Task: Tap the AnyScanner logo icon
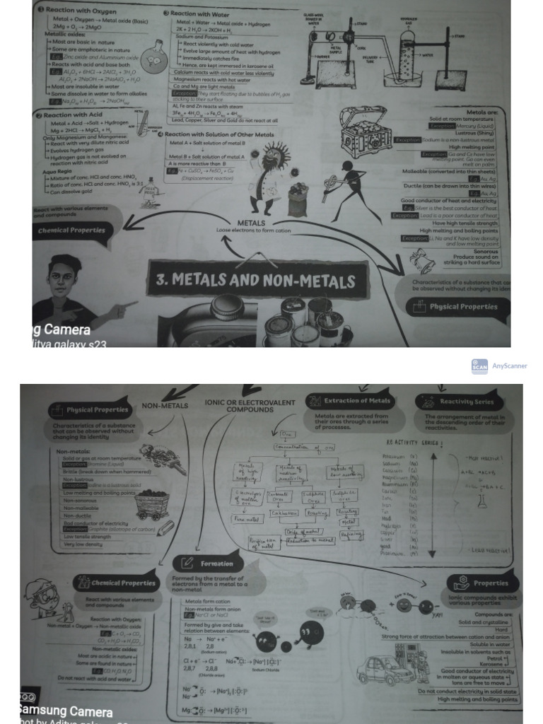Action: pos(479,366)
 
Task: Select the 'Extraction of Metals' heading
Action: pos(349,402)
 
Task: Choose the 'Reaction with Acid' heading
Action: pos(71,115)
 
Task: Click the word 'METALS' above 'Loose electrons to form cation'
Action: pos(251,223)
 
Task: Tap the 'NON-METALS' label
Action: pos(165,406)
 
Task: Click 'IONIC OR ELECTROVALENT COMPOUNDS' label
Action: pos(250,406)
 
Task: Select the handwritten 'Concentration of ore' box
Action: pos(310,448)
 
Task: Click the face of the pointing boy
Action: pos(62,278)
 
